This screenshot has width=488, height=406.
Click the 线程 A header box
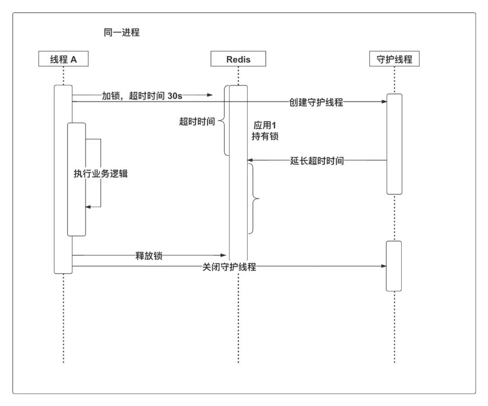click(x=63, y=59)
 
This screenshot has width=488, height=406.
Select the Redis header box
click(x=238, y=59)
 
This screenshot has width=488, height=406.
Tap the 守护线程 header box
click(x=394, y=59)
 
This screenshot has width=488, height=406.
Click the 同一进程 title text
click(x=122, y=33)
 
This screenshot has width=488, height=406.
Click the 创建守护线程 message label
click(x=316, y=102)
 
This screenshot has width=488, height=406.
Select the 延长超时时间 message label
click(x=317, y=161)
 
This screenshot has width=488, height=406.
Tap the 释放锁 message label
click(x=149, y=255)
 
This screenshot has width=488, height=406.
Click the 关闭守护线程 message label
click(x=229, y=267)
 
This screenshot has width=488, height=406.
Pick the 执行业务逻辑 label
click(x=100, y=174)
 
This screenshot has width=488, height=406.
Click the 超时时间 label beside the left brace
click(x=197, y=122)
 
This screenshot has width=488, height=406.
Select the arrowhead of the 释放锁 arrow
click(x=223, y=255)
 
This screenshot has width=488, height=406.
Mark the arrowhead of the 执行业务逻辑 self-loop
click(x=88, y=207)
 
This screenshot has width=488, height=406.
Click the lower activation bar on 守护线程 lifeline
click(x=394, y=266)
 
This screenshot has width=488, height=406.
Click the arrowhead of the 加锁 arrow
click(x=210, y=95)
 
